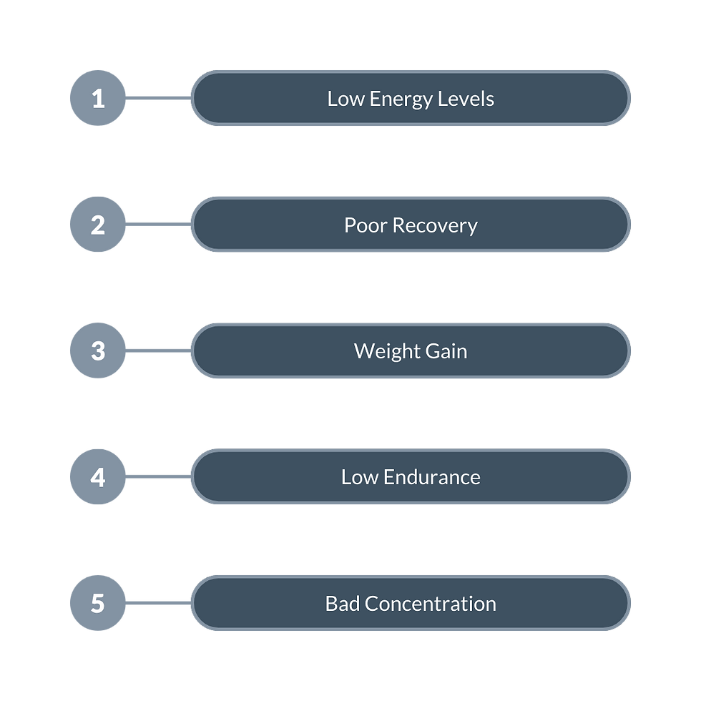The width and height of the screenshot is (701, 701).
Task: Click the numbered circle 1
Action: (98, 99)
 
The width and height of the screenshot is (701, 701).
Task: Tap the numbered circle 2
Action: (98, 225)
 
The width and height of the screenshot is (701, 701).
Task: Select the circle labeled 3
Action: (98, 350)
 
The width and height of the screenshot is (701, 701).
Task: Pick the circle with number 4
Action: (98, 476)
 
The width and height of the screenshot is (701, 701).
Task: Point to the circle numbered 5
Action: (98, 603)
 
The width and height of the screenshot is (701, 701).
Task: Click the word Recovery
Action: (434, 225)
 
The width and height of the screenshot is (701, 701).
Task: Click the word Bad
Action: (342, 603)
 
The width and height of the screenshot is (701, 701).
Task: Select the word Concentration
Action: (430, 603)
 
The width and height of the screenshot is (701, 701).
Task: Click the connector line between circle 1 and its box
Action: (159, 99)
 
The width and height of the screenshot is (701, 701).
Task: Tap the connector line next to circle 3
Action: (159, 350)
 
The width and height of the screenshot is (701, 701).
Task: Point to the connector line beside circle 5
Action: (159, 603)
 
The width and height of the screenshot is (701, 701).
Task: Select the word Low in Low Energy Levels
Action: (344, 99)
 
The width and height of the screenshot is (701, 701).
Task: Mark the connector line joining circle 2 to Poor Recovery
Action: (159, 225)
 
